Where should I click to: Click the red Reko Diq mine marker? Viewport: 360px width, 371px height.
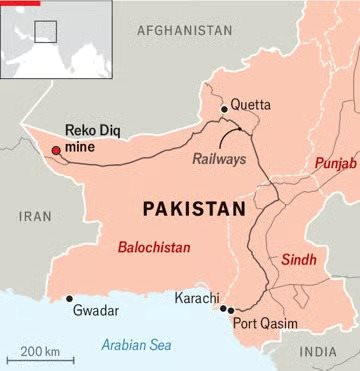56,151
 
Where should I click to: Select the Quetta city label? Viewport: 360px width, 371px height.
251,104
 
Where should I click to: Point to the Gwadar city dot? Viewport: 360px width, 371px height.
69,298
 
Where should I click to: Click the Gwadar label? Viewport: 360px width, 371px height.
96,311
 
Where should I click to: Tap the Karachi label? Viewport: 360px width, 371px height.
197,299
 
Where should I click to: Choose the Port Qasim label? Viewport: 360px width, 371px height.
263,323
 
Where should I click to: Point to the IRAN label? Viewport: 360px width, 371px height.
36,215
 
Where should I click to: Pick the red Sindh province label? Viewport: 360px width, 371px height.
298,257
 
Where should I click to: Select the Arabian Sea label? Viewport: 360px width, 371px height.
136,345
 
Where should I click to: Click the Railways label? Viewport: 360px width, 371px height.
218,157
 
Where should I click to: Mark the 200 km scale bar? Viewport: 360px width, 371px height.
39,356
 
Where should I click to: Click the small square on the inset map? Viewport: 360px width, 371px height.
45,31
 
